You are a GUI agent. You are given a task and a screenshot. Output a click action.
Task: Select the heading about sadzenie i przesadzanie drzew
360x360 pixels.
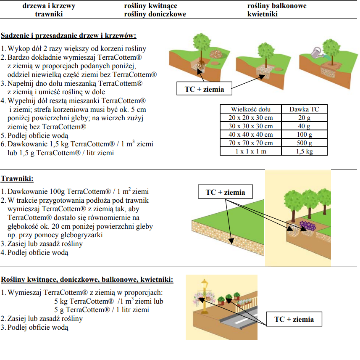coord(69,36)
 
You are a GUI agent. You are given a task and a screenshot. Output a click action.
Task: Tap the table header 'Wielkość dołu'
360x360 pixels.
coord(250,109)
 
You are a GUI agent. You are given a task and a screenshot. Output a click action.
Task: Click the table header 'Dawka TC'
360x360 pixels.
coord(304,109)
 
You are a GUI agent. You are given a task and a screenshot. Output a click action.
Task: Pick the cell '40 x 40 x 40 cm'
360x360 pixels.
coord(250,135)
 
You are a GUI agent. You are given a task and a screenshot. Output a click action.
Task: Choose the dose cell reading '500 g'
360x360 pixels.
coord(304,143)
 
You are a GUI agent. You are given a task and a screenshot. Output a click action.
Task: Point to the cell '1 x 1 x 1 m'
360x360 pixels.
coord(250,151)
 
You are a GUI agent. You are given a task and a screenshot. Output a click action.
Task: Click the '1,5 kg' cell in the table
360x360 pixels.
coord(304,151)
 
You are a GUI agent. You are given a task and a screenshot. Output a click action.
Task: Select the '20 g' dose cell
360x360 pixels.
coord(304,118)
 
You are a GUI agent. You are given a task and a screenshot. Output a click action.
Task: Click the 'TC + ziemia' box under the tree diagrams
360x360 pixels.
coord(204,89)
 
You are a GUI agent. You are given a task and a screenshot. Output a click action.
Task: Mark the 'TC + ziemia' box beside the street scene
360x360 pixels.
coord(294,319)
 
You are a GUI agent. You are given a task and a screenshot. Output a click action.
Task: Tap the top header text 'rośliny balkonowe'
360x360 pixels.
coord(277,6)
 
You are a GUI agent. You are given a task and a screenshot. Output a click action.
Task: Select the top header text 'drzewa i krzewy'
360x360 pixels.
coord(49,6)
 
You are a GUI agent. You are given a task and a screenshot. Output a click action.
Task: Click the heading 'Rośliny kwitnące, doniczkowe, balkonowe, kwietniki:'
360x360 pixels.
coord(87,280)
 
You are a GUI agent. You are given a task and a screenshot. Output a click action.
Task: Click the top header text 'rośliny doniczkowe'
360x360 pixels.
coord(155,14)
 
